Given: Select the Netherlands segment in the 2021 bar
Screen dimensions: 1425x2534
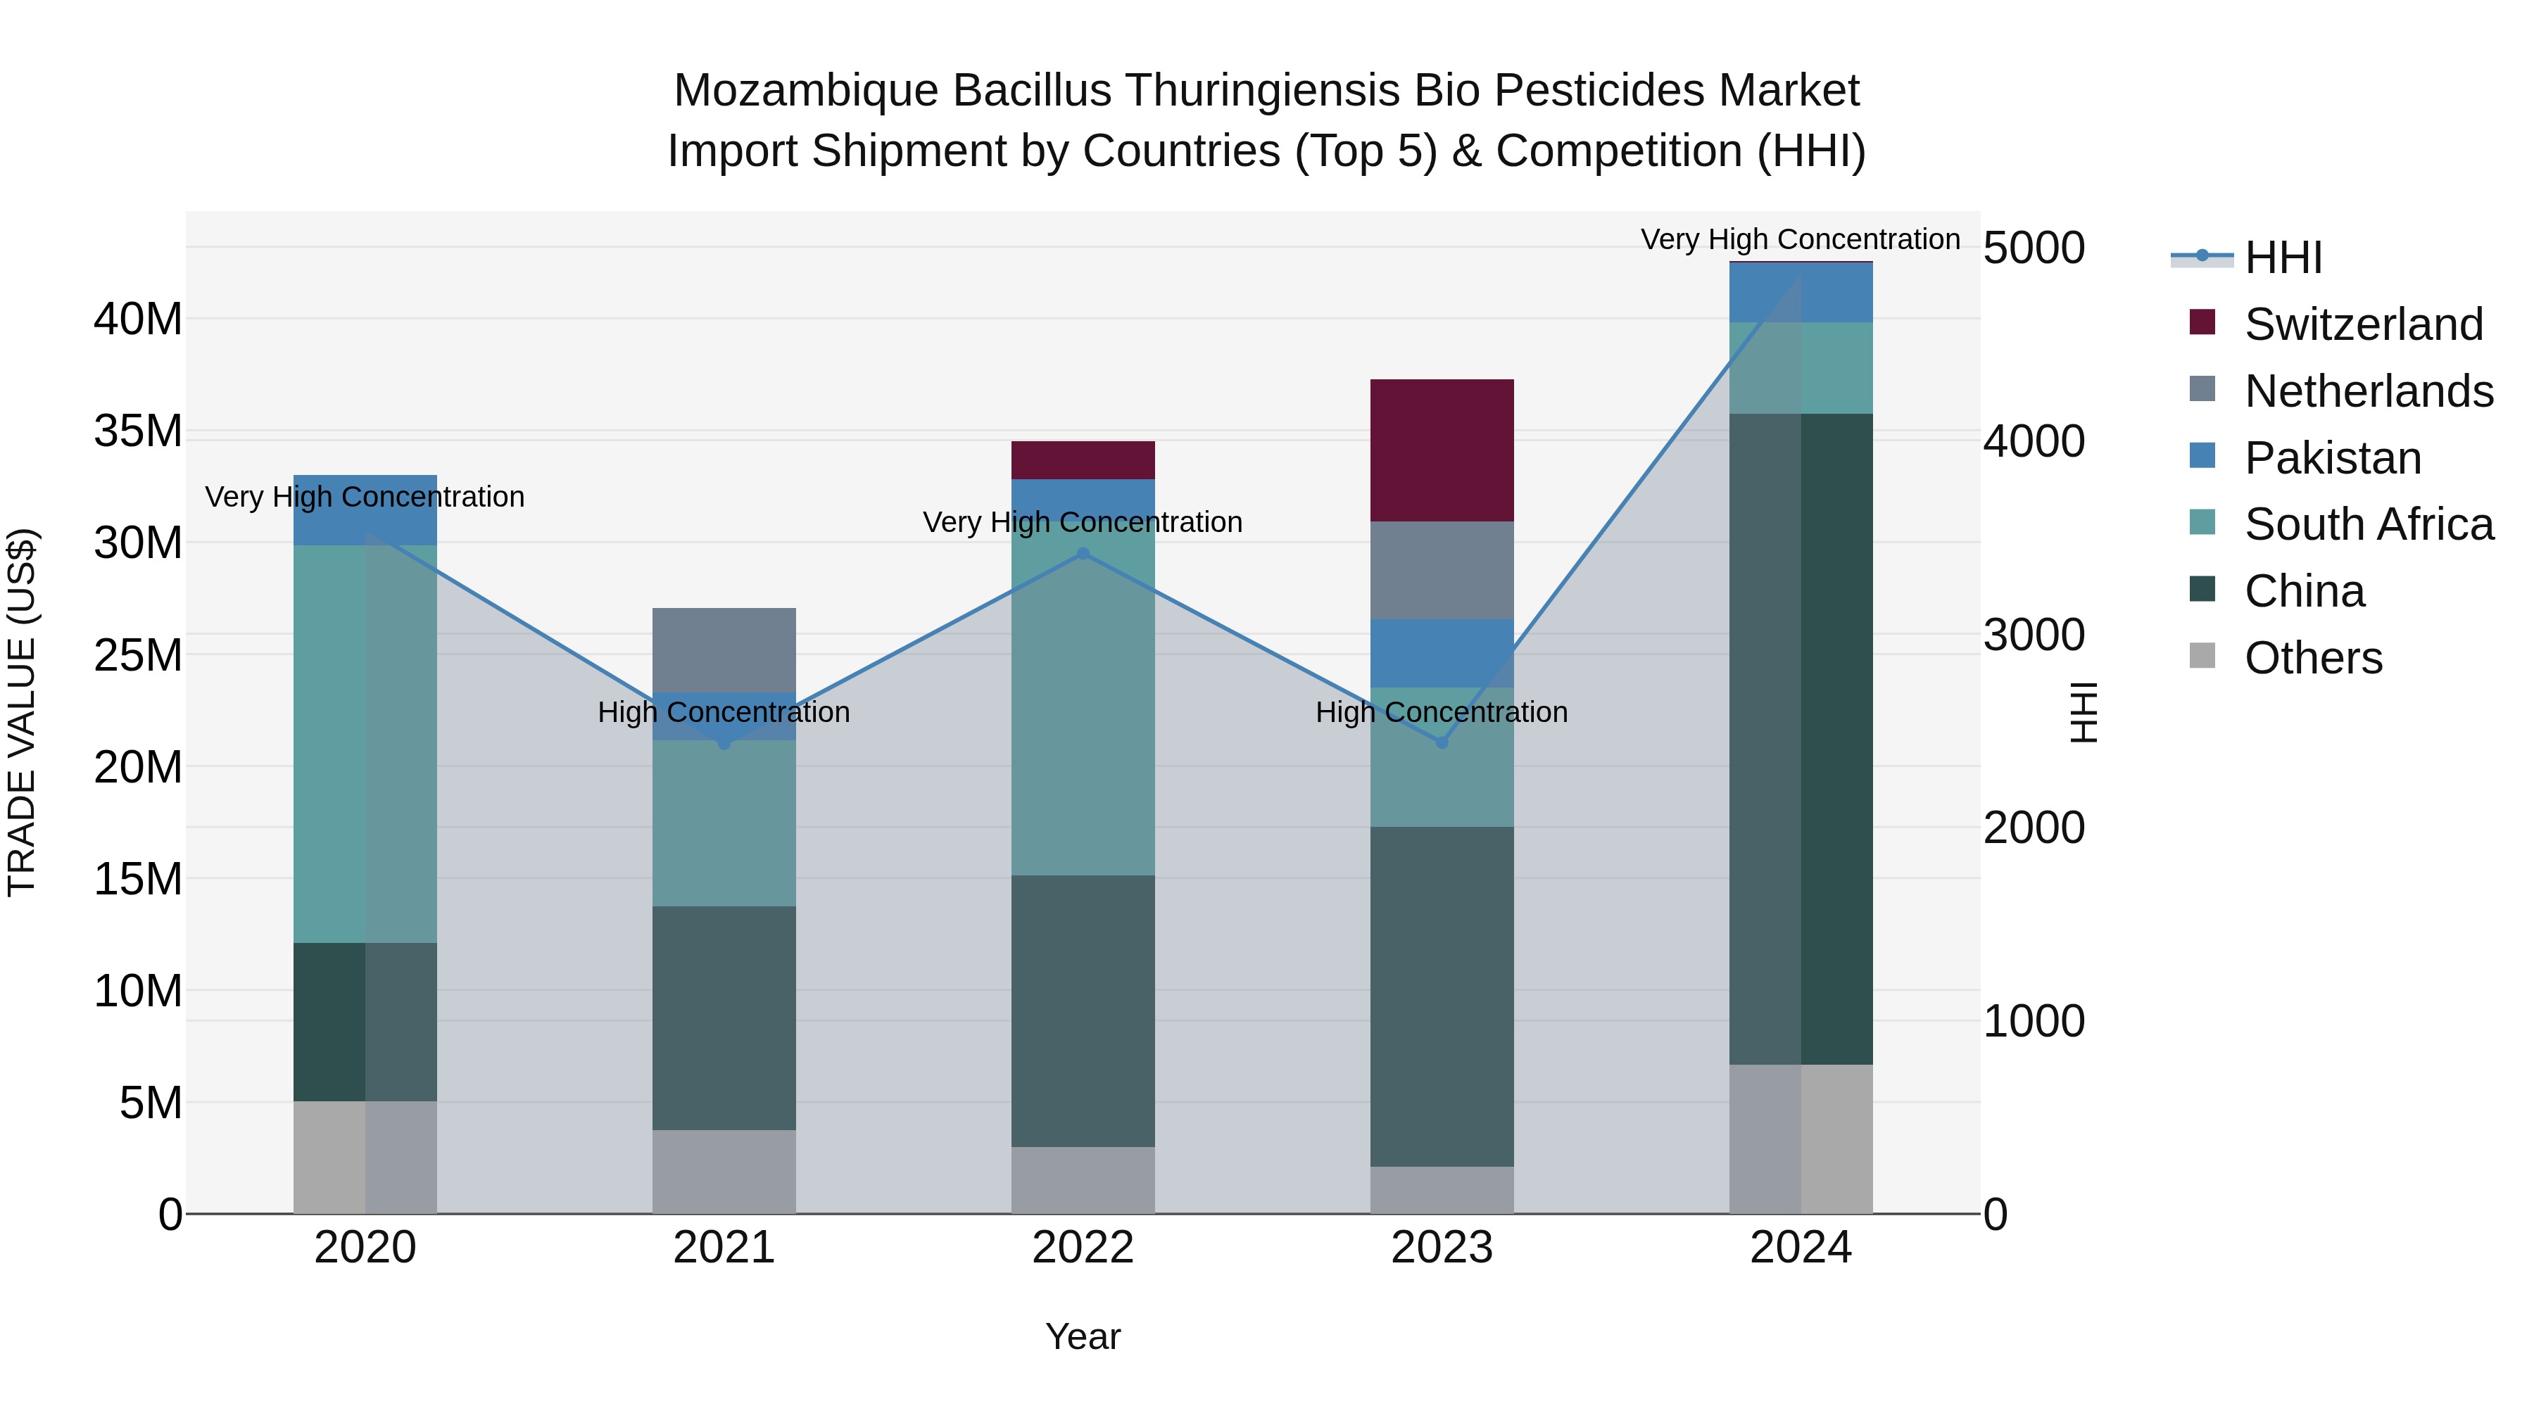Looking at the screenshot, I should pos(724,649).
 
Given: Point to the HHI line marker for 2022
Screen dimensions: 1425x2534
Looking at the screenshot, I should pos(1083,554).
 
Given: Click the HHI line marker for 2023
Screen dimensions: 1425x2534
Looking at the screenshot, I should pos(1442,742).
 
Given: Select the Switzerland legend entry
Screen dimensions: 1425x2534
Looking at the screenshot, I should pos(2363,324).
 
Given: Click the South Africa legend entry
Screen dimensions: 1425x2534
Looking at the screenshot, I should pos(2368,524).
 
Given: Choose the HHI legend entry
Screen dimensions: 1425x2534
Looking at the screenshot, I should pos(2282,258).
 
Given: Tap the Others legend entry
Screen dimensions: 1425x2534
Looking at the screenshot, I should pos(2313,658).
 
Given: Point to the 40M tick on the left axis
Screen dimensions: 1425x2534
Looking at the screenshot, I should pos(138,319).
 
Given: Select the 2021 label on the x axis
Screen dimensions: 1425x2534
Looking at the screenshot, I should pos(724,1248).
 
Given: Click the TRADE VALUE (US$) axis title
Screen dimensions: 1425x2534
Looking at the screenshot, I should pos(22,712).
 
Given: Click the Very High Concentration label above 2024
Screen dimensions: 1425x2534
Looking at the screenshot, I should pos(1800,239).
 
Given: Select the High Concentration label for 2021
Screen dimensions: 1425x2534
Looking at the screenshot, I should pos(724,712).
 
